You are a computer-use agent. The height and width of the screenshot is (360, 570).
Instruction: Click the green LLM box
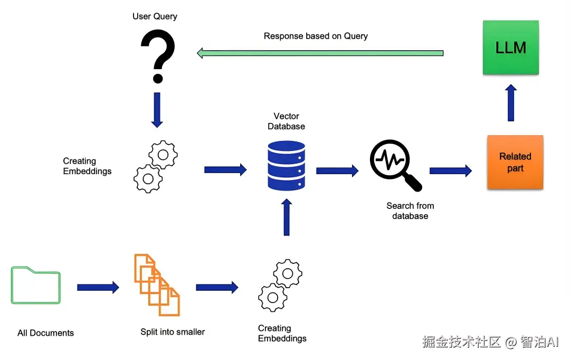[510, 48]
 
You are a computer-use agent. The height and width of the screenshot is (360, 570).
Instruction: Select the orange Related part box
[515, 163]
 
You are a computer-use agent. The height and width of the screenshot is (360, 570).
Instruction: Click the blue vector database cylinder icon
[286, 165]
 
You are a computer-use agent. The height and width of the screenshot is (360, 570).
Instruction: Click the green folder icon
[36, 286]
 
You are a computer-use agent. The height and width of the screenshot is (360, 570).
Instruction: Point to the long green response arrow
[320, 53]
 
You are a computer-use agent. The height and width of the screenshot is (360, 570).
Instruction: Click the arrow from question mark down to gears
[157, 110]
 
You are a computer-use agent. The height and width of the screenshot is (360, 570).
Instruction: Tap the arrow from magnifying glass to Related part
[451, 170]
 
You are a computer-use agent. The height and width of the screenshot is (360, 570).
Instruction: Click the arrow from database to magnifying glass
[337, 170]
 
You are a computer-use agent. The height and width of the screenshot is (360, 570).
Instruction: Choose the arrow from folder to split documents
[98, 288]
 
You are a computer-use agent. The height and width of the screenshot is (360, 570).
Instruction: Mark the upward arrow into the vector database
[287, 217]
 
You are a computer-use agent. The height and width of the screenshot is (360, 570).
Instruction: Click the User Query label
[155, 16]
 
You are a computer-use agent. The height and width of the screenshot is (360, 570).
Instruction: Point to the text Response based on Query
[316, 36]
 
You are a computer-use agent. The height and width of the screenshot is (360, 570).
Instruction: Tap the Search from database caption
[410, 211]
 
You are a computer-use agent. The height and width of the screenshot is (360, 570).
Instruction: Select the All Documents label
[45, 333]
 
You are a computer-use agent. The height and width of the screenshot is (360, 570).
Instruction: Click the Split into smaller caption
[173, 332]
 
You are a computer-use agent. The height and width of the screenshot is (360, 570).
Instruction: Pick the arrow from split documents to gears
[217, 288]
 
